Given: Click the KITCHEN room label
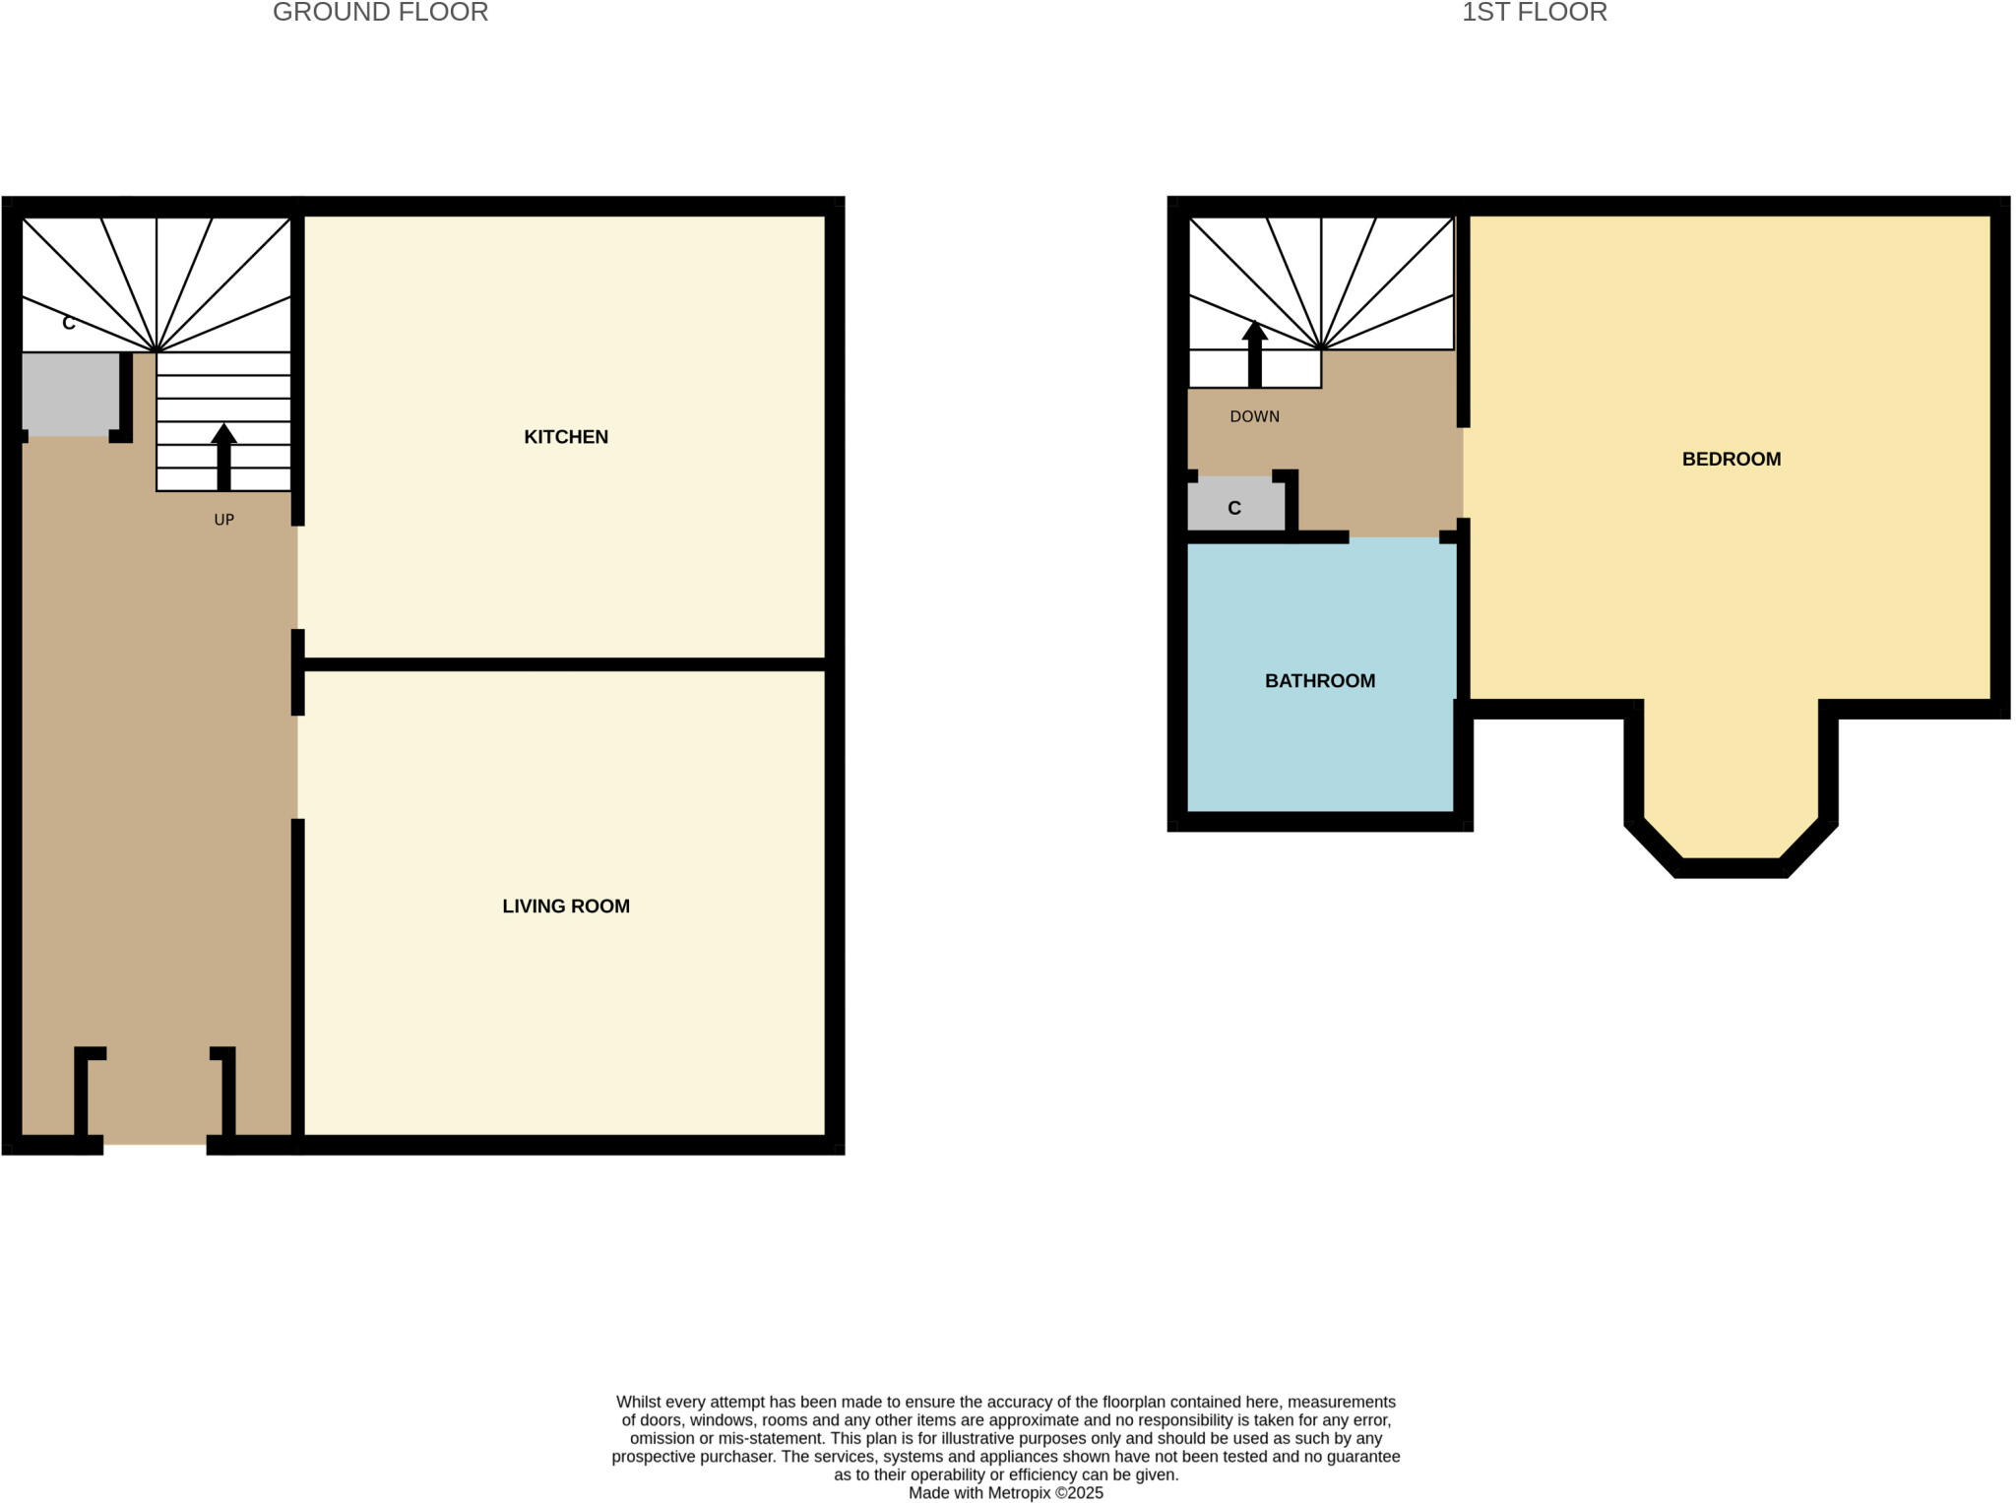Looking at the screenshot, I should click(565, 437).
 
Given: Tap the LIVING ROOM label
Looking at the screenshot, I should click(565, 907).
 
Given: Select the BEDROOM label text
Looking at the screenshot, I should click(1731, 459).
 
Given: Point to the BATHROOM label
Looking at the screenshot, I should click(1319, 681).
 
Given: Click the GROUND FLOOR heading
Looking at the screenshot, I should click(380, 13).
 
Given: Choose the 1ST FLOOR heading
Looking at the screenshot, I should click(1534, 13).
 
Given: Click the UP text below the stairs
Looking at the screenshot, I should click(223, 520).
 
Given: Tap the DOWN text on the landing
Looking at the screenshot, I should click(1254, 417).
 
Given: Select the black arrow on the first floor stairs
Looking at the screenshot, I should click(1254, 353).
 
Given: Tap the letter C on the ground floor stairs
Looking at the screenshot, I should click(68, 323).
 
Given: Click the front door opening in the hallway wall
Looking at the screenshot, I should click(155, 1144).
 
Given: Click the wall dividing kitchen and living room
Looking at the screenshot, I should click(565, 664).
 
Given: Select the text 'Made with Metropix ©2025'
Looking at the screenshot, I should click(1005, 1492).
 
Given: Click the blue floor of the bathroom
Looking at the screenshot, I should click(1319, 748).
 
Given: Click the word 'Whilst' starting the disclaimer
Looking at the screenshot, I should click(638, 1402).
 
